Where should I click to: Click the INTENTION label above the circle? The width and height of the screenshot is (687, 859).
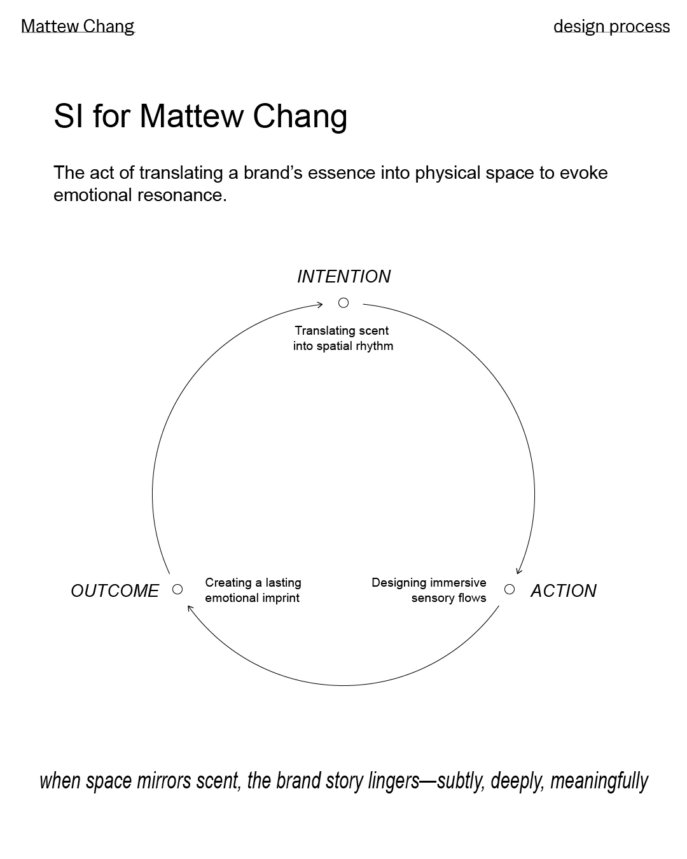[343, 277]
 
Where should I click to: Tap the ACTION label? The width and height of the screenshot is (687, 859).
[563, 591]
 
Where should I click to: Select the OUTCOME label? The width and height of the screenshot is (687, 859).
[114, 591]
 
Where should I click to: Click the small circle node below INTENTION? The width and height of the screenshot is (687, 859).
[343, 303]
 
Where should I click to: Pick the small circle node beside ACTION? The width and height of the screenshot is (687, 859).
[510, 589]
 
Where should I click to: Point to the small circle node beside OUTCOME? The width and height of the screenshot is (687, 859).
[177, 589]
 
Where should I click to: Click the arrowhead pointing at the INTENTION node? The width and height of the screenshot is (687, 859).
[319, 305]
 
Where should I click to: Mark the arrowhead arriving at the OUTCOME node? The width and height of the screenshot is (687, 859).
[190, 608]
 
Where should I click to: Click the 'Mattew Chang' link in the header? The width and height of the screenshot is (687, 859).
[78, 26]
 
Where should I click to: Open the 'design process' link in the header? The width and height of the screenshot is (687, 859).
[611, 26]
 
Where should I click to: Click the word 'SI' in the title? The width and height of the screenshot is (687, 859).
[69, 116]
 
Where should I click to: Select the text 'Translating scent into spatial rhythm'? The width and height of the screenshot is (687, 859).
[343, 339]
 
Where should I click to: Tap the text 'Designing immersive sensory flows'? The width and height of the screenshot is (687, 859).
[429, 590]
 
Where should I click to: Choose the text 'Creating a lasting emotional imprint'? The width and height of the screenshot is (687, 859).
[253, 590]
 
